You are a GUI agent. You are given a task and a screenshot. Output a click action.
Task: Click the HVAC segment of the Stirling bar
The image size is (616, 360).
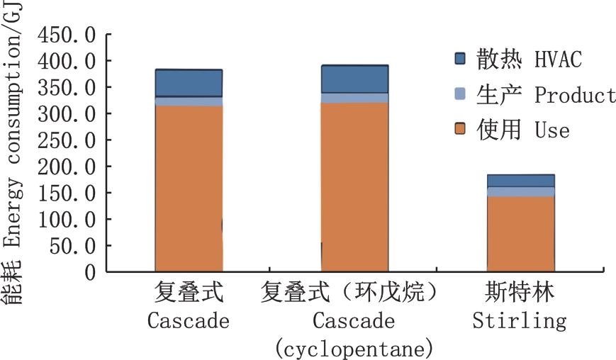520,181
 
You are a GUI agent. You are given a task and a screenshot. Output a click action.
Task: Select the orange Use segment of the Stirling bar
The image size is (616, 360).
520,233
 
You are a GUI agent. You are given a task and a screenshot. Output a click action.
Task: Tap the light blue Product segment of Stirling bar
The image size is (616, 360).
520,191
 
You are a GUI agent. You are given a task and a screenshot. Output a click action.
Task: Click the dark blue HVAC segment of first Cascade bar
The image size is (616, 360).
189,83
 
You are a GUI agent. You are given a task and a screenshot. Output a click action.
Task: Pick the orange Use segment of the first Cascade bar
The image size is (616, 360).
189,188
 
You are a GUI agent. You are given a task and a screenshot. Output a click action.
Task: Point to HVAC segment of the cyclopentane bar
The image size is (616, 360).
354,79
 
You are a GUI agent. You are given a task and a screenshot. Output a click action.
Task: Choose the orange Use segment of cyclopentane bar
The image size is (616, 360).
354,187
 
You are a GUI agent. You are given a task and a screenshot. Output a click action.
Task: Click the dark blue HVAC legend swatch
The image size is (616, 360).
460,59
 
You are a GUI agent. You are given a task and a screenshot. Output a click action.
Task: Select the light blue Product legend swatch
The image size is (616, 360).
460,94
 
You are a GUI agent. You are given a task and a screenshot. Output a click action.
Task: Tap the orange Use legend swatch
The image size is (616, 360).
460,130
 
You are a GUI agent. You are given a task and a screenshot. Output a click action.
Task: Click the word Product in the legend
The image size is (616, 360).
575,95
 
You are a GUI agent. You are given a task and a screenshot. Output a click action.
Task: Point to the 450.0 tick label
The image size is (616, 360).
67,34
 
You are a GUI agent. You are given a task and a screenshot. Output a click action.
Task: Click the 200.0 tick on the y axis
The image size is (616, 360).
67,166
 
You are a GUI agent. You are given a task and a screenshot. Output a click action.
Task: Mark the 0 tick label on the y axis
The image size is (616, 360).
90,271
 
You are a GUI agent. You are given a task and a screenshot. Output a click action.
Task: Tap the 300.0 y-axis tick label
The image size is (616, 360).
67,113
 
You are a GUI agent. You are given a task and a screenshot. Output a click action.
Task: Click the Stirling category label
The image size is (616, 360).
520,321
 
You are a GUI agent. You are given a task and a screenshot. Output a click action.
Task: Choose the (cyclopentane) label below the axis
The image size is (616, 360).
354,349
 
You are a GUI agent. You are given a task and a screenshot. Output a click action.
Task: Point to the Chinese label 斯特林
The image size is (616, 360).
520,293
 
